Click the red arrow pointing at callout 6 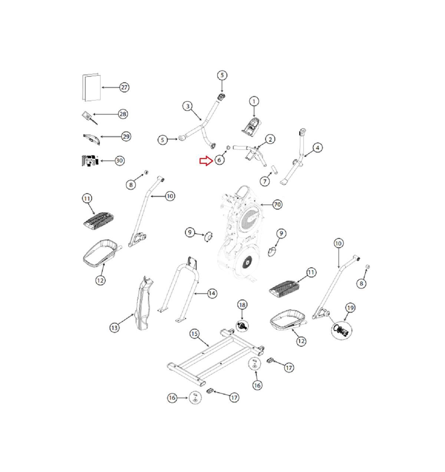206,161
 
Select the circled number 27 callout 124,87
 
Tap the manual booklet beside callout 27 92,87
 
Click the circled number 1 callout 254,102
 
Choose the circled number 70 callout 277,204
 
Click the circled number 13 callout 114,328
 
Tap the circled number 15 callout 194,334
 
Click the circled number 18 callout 242,305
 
